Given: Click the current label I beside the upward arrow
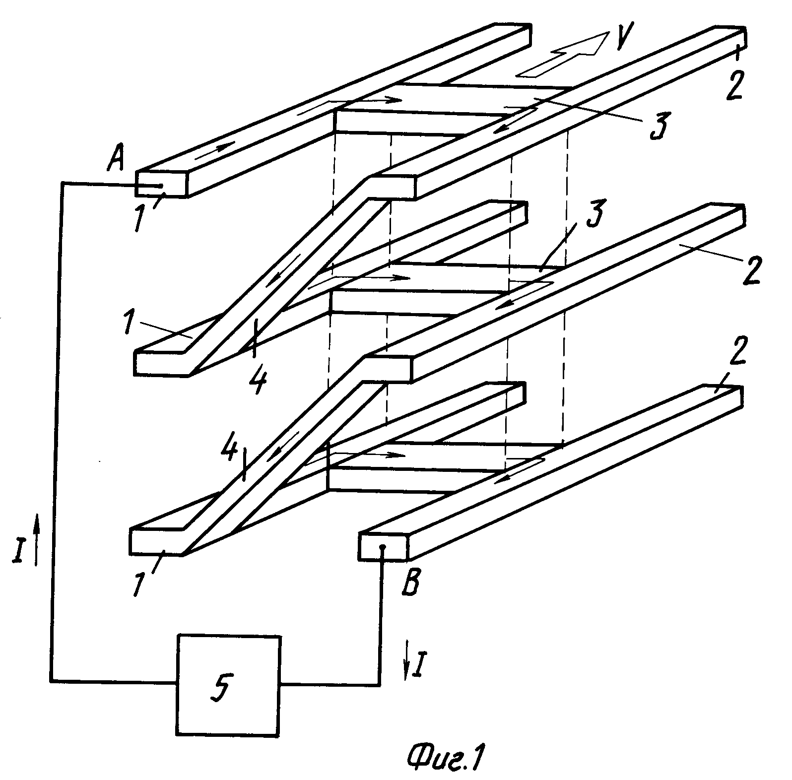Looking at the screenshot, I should click(x=18, y=551).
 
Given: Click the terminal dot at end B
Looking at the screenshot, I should click(x=383, y=548).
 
